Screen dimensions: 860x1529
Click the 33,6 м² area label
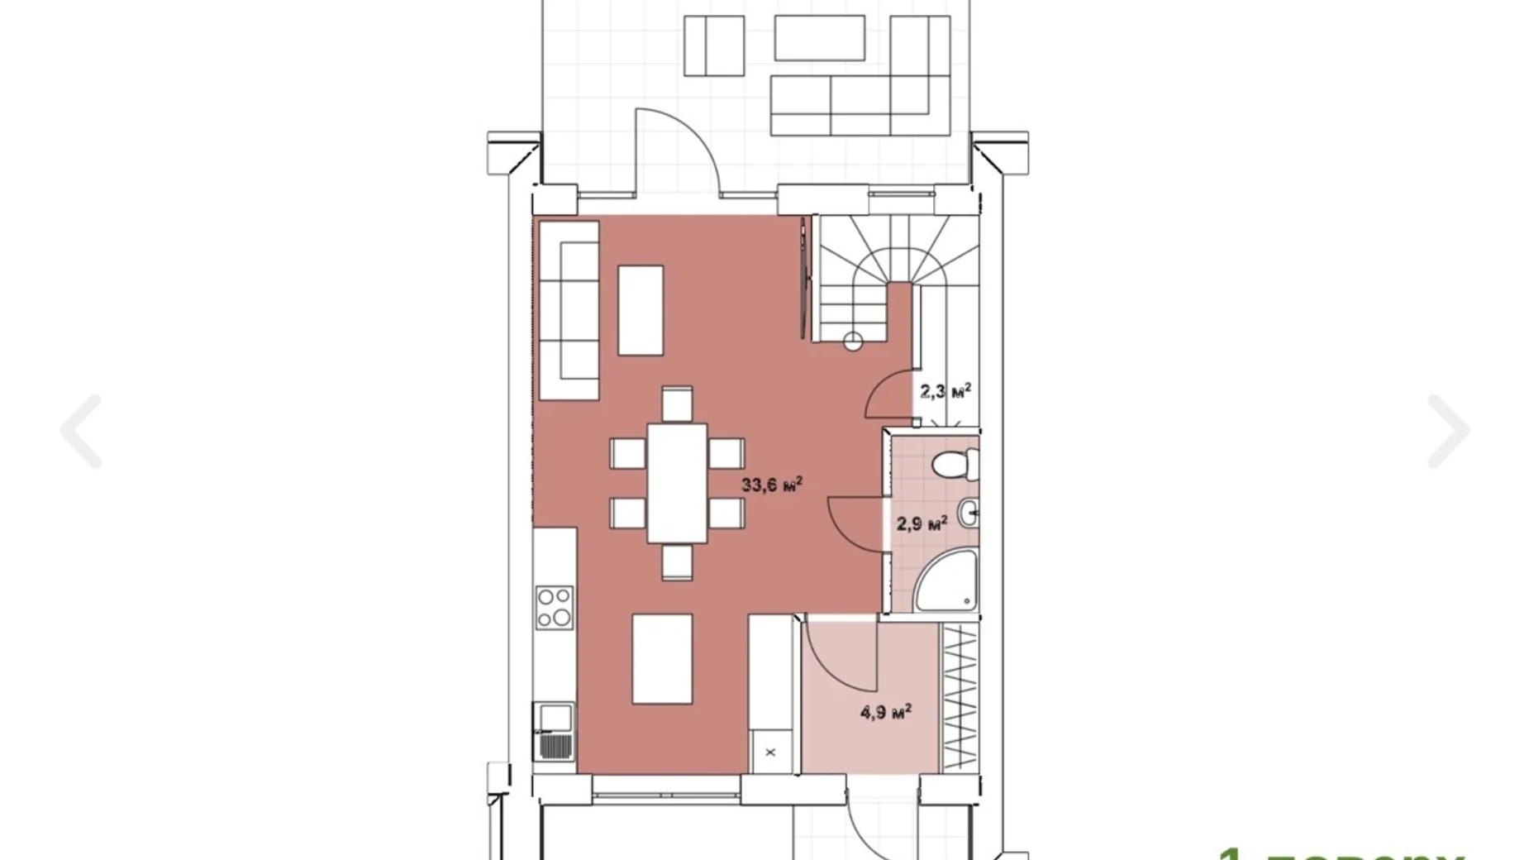pyautogui.click(x=771, y=485)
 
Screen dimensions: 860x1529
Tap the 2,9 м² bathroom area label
pyautogui.click(x=922, y=523)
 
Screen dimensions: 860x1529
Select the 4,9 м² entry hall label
pyautogui.click(x=886, y=711)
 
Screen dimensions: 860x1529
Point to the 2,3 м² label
pyautogui.click(x=946, y=391)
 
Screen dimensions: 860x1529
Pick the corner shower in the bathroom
pyautogui.click(x=948, y=582)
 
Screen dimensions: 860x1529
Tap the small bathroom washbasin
pyautogui.click(x=969, y=514)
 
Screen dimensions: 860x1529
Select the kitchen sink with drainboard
pyautogui.click(x=555, y=731)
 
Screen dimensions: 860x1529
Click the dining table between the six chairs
pyautogui.click(x=677, y=482)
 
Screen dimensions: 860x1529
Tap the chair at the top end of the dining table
pyautogui.click(x=677, y=404)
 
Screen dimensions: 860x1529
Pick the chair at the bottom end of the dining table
pyautogui.click(x=677, y=561)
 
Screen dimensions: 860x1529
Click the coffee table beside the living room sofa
pyautogui.click(x=641, y=310)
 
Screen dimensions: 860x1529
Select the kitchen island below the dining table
pyautogui.click(x=662, y=658)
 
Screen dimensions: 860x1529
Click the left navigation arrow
pyautogui.click(x=82, y=431)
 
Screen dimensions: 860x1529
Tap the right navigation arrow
pyautogui.click(x=1447, y=431)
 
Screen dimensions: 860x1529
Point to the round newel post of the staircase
pyautogui.click(x=853, y=341)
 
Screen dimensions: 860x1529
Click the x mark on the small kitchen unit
pyautogui.click(x=770, y=752)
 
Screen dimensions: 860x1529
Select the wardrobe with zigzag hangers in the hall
pyautogui.click(x=960, y=697)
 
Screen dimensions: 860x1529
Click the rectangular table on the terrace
pyautogui.click(x=819, y=38)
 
